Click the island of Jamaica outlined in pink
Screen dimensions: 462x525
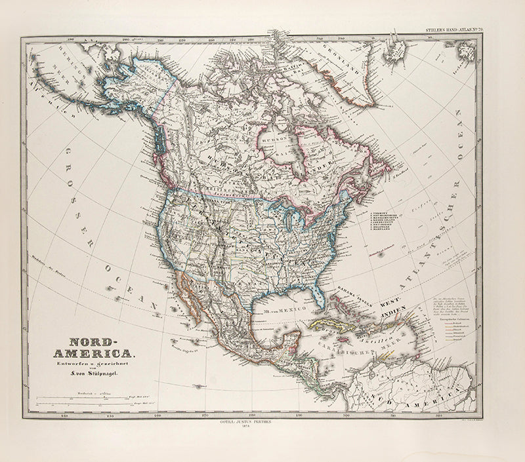point(341,340)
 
